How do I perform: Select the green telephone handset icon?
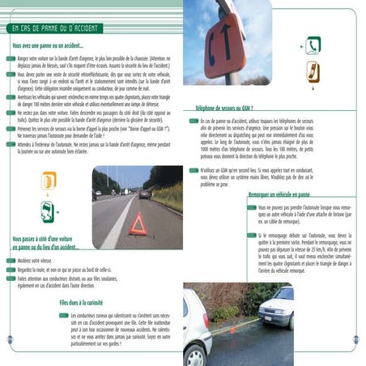[x=313, y=45]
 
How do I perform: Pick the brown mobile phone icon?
[x=313, y=72]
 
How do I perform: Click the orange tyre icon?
[x=49, y=181]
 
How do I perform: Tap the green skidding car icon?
[x=49, y=211]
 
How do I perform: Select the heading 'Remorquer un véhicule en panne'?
[x=280, y=195]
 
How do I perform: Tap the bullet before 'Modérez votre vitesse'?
[x=10, y=262]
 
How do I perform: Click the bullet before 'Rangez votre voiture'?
[x=10, y=59]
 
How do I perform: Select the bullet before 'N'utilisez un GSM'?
[x=191, y=170]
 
